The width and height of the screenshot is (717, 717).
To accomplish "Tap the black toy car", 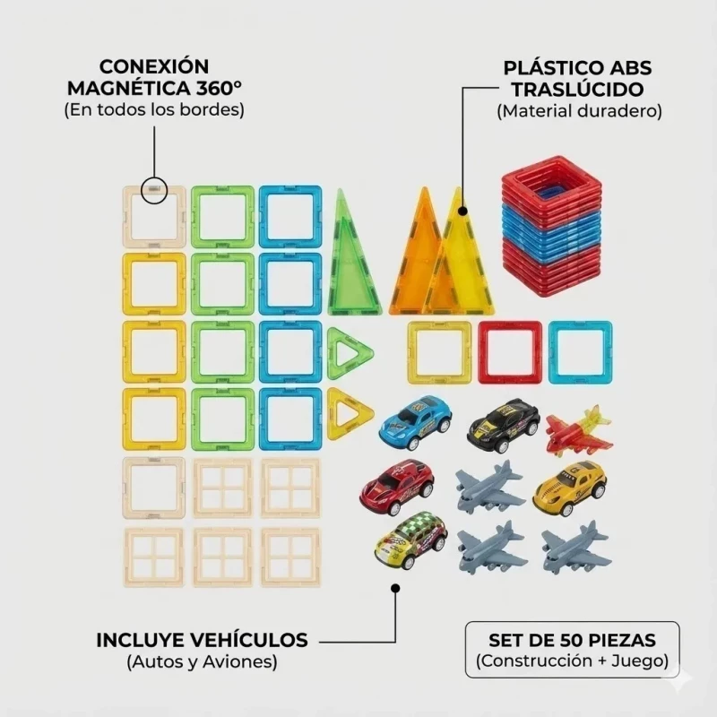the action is (x=504, y=424).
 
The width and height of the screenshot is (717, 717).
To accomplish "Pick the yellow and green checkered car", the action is (x=410, y=540).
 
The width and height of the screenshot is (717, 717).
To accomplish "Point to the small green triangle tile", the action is (x=350, y=353).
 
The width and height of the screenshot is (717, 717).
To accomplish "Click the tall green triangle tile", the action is (x=353, y=253).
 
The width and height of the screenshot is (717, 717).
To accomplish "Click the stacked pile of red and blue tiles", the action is (x=551, y=227).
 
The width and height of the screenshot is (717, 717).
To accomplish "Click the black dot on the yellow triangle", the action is (x=462, y=212).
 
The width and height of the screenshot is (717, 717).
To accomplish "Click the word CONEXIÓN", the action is (x=154, y=66).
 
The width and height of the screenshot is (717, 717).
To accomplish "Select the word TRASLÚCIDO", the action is (x=577, y=90).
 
